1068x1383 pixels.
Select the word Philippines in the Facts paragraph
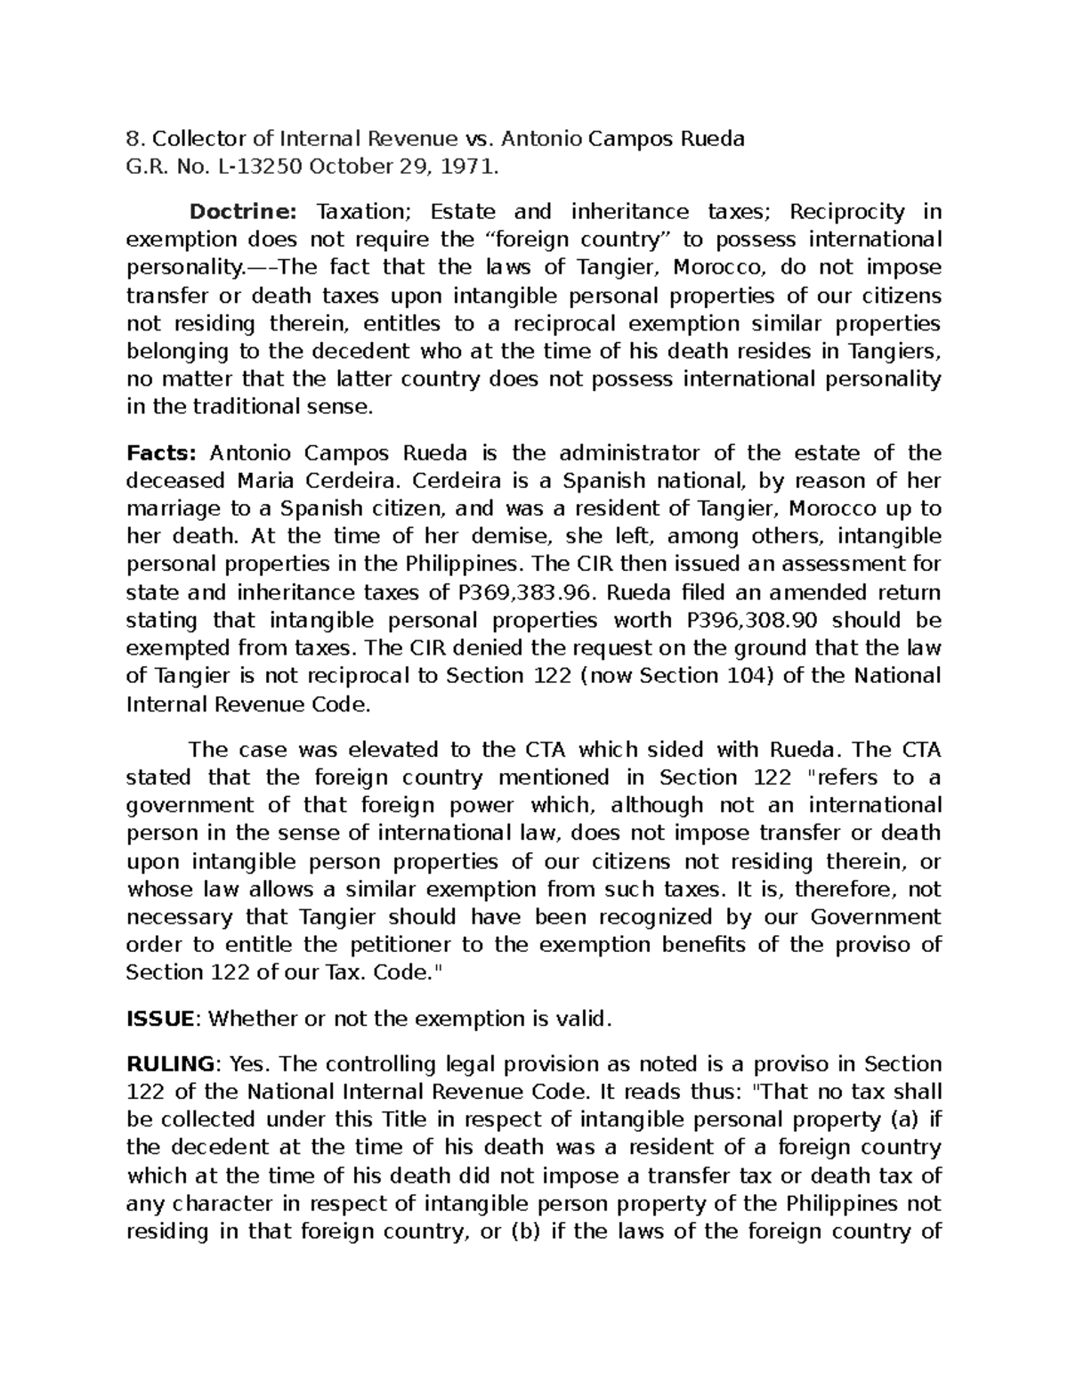pyautogui.click(x=465, y=565)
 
